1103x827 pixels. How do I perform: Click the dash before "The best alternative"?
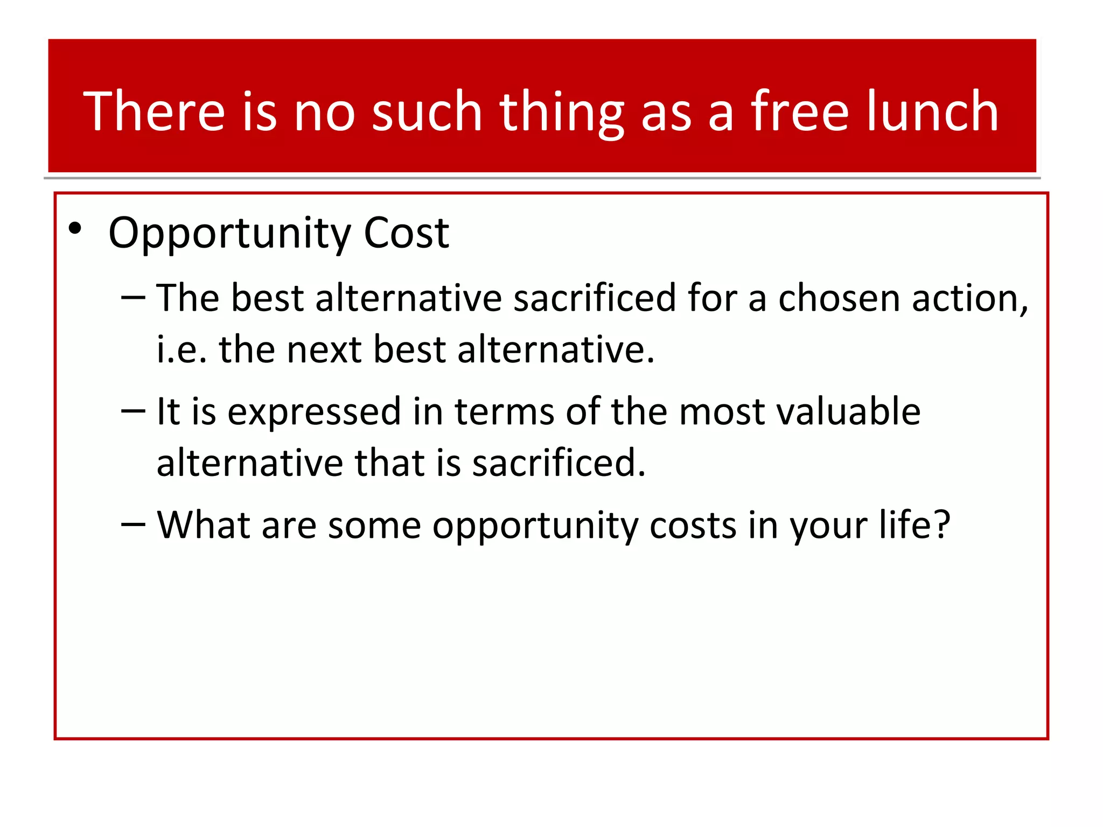tap(133, 297)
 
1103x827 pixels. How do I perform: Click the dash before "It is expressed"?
tap(133, 411)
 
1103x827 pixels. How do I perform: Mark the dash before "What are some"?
tap(133, 524)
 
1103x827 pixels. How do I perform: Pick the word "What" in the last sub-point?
tap(204, 524)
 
